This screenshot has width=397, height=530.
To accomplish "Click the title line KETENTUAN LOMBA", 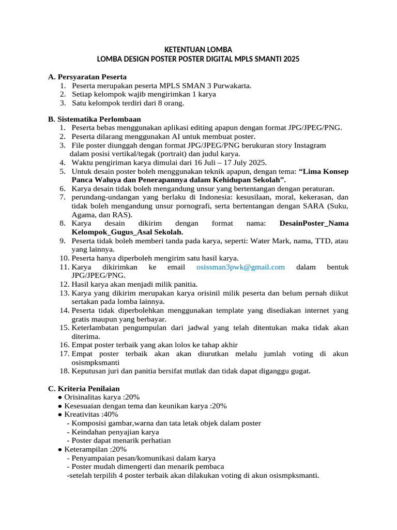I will (x=198, y=50).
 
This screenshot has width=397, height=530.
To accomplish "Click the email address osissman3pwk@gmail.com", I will (x=240, y=267).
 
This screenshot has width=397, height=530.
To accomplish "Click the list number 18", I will (x=64, y=371).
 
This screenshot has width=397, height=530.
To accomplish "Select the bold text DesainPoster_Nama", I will (x=313, y=224).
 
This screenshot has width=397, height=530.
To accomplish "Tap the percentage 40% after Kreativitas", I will (x=111, y=415).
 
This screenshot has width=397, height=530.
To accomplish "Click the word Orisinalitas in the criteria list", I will (x=84, y=397).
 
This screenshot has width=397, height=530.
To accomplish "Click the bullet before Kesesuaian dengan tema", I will (x=60, y=406).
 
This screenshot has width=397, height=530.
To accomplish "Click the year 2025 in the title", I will (x=291, y=60).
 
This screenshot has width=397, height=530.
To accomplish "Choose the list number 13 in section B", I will (x=64, y=293).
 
